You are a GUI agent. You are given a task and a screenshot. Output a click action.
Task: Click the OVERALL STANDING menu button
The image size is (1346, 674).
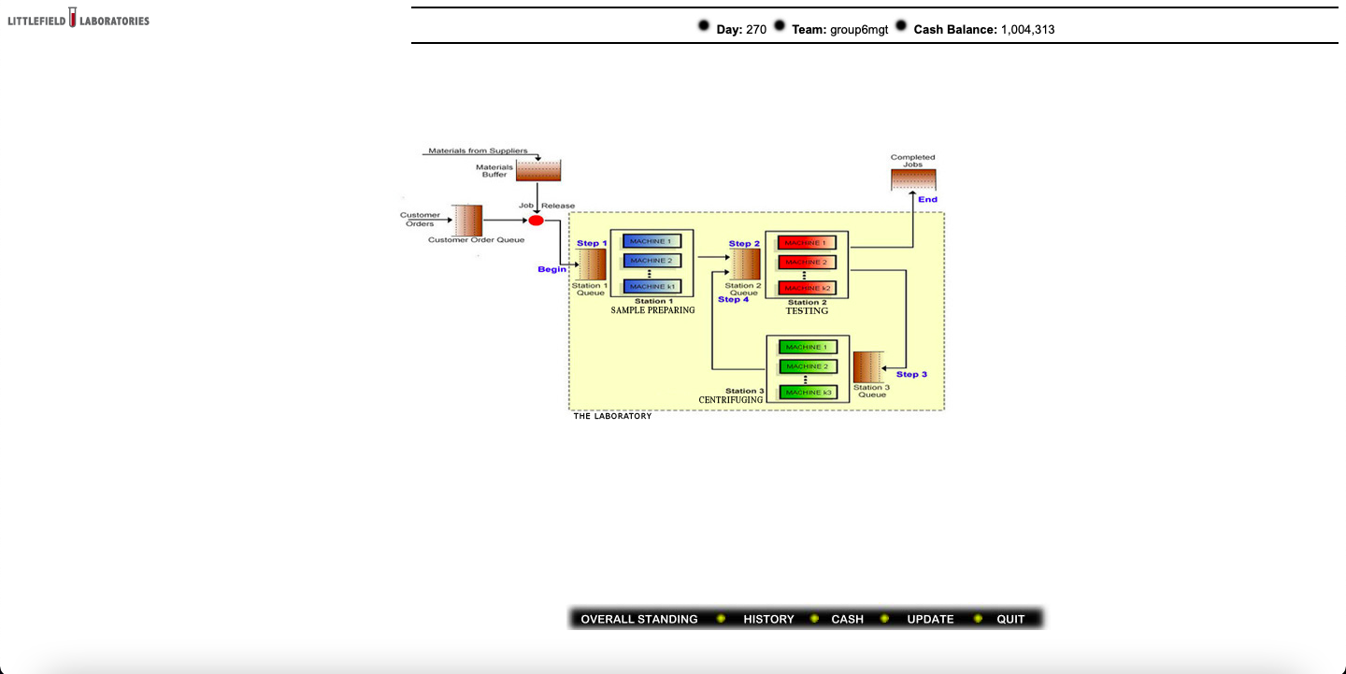click(638, 619)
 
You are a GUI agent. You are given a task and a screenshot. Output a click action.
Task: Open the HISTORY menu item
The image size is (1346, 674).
click(768, 619)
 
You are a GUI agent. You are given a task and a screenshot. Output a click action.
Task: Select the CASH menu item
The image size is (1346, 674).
click(847, 619)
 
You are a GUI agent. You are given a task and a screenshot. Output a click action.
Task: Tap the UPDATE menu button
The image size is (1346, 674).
click(930, 619)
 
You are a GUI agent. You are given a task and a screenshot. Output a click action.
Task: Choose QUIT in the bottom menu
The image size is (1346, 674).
click(1010, 619)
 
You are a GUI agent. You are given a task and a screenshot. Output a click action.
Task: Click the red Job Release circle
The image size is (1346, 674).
click(536, 221)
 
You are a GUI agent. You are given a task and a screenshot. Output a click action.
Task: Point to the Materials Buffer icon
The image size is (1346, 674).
click(538, 170)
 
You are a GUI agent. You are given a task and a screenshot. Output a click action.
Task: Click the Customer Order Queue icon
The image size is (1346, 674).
click(468, 221)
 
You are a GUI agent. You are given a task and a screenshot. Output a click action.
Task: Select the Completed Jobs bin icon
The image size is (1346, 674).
click(913, 179)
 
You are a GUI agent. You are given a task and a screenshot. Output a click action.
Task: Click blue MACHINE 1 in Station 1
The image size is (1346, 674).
click(652, 241)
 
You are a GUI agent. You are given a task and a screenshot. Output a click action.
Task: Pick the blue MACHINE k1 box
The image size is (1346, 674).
click(652, 286)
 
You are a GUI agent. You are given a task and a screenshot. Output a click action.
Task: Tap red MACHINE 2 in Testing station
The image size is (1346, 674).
click(806, 262)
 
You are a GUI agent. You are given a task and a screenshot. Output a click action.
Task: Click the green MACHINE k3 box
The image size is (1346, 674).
click(808, 393)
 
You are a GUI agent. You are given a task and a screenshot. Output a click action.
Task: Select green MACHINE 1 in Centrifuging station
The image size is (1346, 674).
click(808, 347)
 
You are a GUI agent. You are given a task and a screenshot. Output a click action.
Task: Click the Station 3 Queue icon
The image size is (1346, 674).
click(869, 367)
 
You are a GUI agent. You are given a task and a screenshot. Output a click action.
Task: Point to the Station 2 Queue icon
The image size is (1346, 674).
click(745, 265)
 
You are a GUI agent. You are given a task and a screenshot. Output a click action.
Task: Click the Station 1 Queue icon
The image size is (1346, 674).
click(593, 265)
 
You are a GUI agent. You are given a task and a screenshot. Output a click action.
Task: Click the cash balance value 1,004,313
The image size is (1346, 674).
click(1027, 29)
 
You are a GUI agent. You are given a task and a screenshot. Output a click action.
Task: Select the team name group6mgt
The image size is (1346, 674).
click(859, 29)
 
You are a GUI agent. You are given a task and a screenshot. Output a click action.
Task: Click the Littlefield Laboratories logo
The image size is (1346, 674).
click(79, 20)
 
